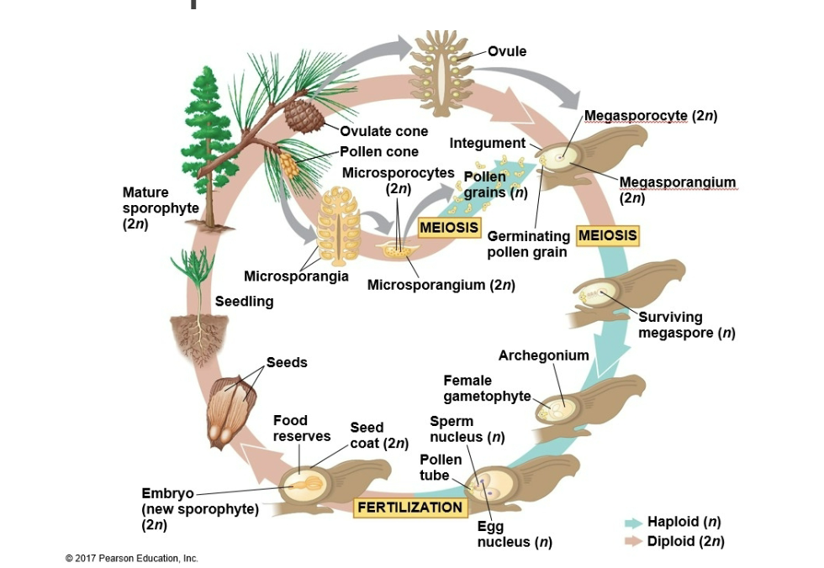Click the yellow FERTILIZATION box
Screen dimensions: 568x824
410,508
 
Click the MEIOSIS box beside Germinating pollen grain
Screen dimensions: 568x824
607,235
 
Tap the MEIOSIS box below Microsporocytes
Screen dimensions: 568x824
449,228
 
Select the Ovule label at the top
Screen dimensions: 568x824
507,51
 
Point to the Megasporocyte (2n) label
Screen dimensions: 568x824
650,115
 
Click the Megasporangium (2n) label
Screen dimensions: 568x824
677,190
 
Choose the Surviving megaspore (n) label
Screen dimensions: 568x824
686,324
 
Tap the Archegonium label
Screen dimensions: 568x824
543,355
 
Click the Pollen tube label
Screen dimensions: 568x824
441,467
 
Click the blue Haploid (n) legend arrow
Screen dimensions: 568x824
633,523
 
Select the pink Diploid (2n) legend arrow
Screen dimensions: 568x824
633,541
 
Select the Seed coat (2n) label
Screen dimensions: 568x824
379,435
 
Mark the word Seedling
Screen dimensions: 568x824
245,301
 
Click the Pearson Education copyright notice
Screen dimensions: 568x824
131,558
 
